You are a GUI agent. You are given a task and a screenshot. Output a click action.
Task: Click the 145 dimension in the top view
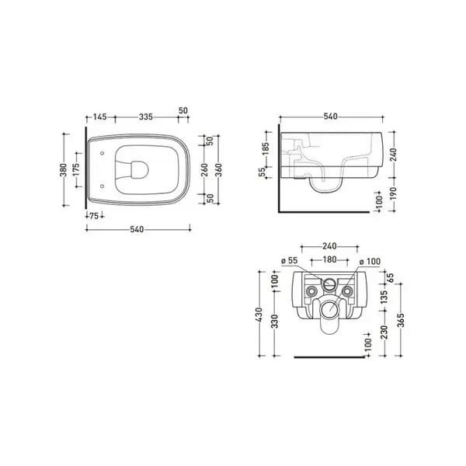pos(100,116)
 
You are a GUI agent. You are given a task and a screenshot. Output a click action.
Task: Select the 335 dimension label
pos(146,116)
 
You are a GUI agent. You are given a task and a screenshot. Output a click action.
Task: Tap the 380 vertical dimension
pos(64,169)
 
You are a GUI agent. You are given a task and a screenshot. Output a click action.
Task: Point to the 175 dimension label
pos(76,169)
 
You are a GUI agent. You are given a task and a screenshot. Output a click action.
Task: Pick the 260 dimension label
pos(205,169)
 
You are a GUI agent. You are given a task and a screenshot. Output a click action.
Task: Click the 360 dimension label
pos(219,169)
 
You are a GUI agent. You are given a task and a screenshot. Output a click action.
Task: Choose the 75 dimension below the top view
pos(94,216)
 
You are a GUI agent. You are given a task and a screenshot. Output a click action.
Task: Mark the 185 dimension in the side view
pos(266,149)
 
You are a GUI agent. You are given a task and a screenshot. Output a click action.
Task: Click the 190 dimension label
pos(393,194)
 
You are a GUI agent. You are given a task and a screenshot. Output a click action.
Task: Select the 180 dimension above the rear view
pos(329,259)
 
